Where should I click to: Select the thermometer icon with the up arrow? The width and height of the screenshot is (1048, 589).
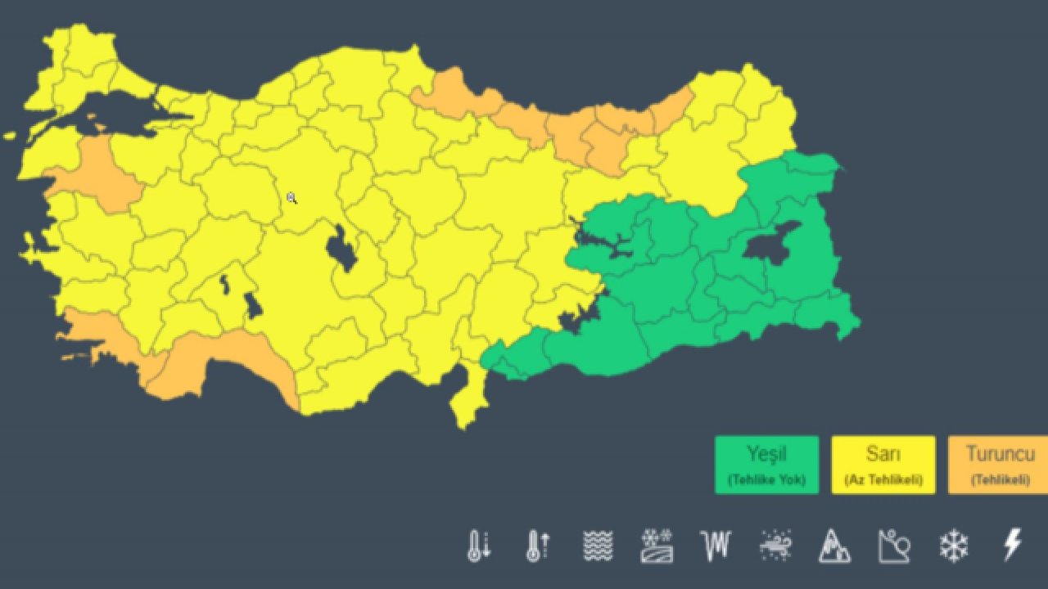click(537, 546)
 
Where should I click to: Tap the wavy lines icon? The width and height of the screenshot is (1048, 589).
click(598, 546)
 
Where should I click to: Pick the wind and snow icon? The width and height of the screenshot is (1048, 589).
click(775, 545)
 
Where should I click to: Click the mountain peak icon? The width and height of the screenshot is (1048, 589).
click(834, 546)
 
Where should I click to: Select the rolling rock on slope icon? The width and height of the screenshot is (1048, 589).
click(894, 546)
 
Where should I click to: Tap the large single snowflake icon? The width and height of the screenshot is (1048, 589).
click(954, 546)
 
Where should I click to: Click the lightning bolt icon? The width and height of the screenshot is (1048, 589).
click(1013, 545)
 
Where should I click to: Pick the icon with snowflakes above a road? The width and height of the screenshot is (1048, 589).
click(657, 546)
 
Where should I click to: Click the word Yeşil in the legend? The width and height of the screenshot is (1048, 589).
click(766, 453)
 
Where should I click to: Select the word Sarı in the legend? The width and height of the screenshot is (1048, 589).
click(883, 453)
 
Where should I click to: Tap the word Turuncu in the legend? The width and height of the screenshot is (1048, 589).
click(1000, 453)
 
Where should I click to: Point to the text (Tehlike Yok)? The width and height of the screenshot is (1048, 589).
click(766, 479)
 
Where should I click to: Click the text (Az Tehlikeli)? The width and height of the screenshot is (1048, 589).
click(883, 479)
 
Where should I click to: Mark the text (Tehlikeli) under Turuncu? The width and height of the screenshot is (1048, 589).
click(1000, 479)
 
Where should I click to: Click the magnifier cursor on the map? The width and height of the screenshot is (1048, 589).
click(291, 198)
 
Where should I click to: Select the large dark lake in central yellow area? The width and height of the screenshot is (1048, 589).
click(341, 250)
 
